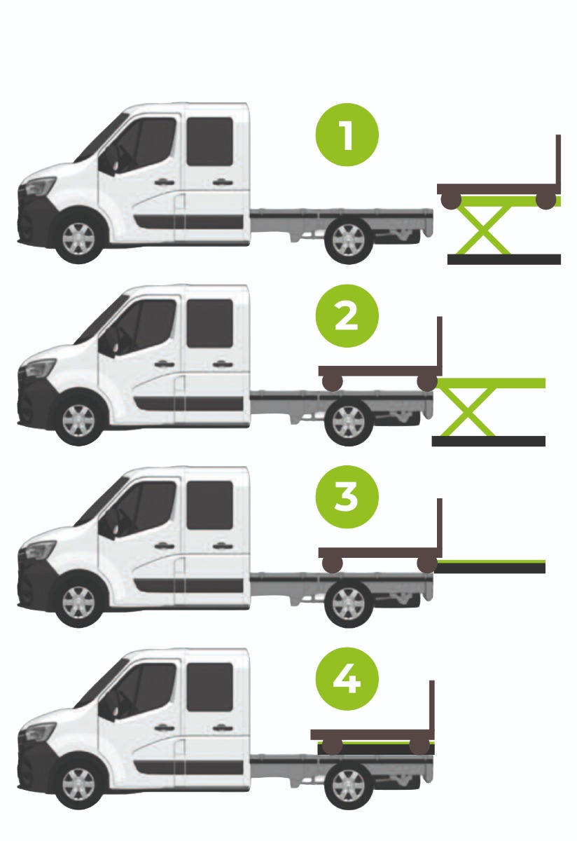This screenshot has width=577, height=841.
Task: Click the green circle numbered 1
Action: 347,135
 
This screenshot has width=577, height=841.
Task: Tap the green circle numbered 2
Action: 347,316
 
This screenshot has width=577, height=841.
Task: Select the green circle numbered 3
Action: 347,497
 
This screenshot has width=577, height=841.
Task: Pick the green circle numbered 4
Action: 347,679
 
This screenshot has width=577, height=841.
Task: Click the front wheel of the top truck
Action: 79,239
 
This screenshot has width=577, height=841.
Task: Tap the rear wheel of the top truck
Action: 349,240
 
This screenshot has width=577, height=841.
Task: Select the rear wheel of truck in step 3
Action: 349,603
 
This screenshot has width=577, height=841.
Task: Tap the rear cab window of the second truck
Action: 209,323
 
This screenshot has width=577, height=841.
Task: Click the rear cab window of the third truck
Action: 209,505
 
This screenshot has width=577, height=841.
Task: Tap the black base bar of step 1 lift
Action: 504,259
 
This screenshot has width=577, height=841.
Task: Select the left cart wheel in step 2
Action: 333,382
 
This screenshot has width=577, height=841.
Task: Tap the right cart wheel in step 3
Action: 427,564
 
